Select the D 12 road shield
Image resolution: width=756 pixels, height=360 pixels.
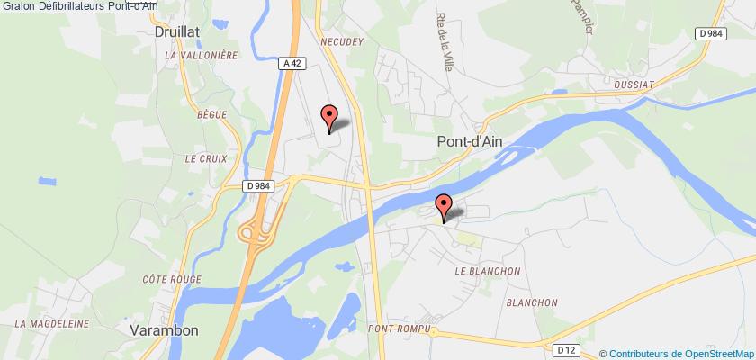[566, 349]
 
